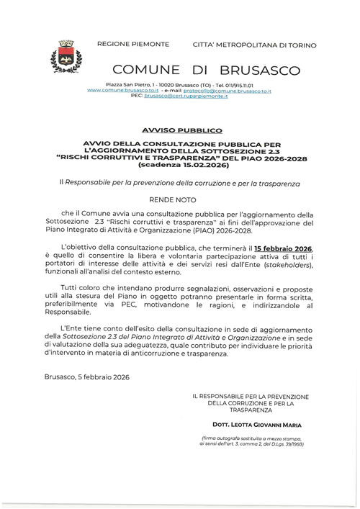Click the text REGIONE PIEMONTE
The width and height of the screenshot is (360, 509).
point(133,45)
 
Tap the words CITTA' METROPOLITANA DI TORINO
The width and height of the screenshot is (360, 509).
point(254,45)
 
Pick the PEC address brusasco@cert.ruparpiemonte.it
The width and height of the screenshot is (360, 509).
point(186,96)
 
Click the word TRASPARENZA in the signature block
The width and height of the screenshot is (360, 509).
point(251,410)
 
